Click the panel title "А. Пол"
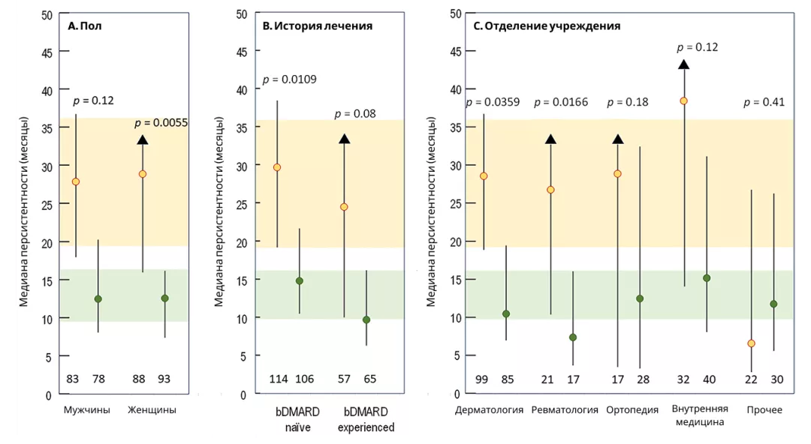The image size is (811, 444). pos(84,25)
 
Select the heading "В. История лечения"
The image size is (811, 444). pos(317,25)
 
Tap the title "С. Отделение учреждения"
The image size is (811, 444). pos(547,25)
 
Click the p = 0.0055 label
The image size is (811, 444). pos(162,123)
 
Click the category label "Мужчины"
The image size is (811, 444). pos(87,410)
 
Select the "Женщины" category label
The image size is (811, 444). pos(152,410)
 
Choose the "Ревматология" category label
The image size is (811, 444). pos(565,410)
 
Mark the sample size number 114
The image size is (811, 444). pos(279,379)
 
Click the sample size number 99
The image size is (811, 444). pos(481,379)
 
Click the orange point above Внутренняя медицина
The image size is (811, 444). pos(683,100)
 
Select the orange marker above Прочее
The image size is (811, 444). pos(751,343)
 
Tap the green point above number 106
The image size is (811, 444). pos(299,281)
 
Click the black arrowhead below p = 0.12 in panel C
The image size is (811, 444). pos(683,64)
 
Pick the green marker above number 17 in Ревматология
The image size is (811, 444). pos(573,337)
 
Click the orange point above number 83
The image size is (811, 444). pos(75,181)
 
